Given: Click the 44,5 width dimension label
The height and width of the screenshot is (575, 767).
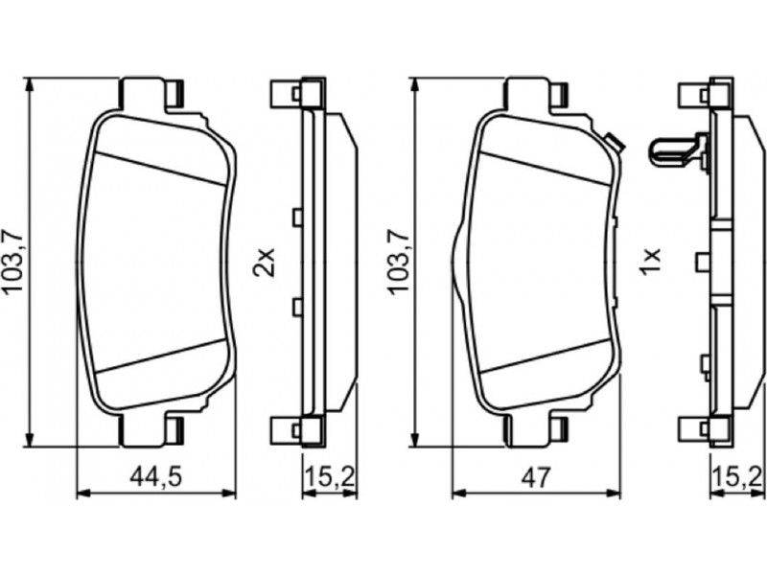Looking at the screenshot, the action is point(156,477).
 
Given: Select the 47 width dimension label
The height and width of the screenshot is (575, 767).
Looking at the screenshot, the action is point(536,476).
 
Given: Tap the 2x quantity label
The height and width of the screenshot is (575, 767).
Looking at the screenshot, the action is point(264,263).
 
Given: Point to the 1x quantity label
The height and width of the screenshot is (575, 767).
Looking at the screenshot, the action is point(651,261).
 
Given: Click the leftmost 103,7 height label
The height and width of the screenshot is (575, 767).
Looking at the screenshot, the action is point(13,261).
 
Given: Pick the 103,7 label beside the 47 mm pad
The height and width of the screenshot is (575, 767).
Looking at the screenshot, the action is point(397,261).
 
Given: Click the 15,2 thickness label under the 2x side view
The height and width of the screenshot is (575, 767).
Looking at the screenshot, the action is point(329,476).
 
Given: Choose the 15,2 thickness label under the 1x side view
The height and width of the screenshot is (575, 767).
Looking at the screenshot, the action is point(738,476).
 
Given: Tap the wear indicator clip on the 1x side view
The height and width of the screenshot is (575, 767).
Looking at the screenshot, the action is point(677,151).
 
